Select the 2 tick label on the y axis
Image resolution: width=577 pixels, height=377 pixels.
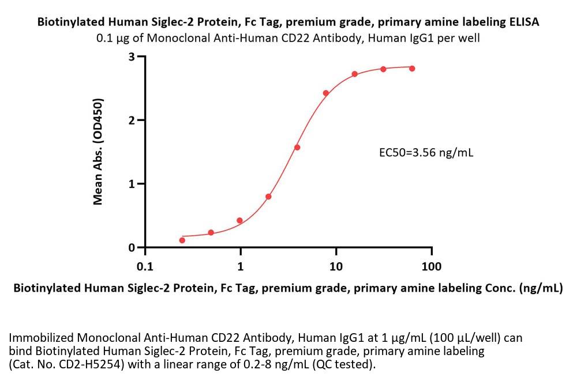pyautogui.click(x=132, y=120)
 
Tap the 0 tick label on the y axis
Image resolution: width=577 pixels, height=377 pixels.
pyautogui.click(x=132, y=248)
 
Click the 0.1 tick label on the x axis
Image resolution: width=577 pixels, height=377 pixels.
pyautogui.click(x=145, y=266)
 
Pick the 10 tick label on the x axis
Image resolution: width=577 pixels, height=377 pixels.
pyautogui.click(x=336, y=266)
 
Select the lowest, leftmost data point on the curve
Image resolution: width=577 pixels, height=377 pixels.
pyautogui.click(x=182, y=240)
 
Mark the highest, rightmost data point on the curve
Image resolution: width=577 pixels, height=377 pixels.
pyautogui.click(x=412, y=69)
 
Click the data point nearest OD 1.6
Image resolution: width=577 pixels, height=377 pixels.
pyautogui.click(x=297, y=148)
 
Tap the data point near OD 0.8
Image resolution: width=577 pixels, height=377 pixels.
pyautogui.click(x=268, y=197)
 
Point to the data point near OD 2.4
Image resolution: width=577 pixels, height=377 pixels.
pyautogui.click(x=326, y=93)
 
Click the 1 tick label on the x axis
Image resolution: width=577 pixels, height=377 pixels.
pyautogui.click(x=241, y=266)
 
